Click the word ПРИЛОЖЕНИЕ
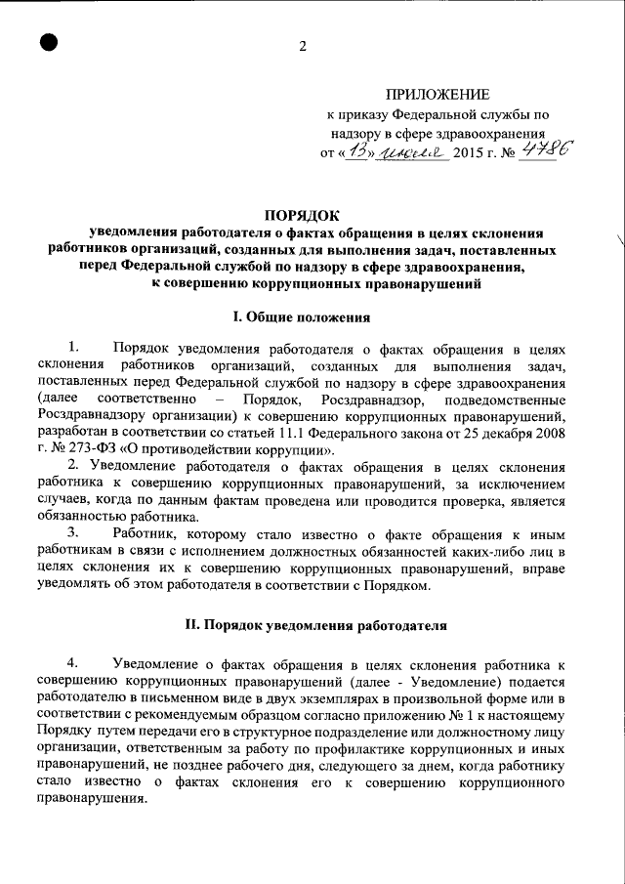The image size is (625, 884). [437, 95]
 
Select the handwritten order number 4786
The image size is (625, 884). [549, 148]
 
